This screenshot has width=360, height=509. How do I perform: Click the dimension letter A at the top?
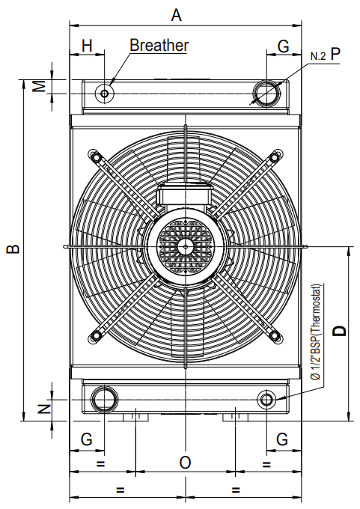pyautogui.click(x=177, y=15)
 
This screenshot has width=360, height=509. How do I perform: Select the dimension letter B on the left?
pyautogui.click(x=14, y=249)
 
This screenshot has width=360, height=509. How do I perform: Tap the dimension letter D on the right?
pyautogui.click(x=340, y=331)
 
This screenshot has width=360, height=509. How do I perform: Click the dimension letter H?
pyautogui.click(x=87, y=46)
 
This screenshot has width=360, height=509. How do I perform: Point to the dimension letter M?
pyautogui.click(x=40, y=86)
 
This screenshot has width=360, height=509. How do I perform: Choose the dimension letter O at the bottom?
pyautogui.click(x=185, y=463)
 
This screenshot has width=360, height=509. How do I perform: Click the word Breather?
pyautogui.click(x=159, y=45)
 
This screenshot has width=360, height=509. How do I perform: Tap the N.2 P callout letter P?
pyautogui.click(x=335, y=54)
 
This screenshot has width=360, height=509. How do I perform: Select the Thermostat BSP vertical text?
pyautogui.click(x=316, y=332)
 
